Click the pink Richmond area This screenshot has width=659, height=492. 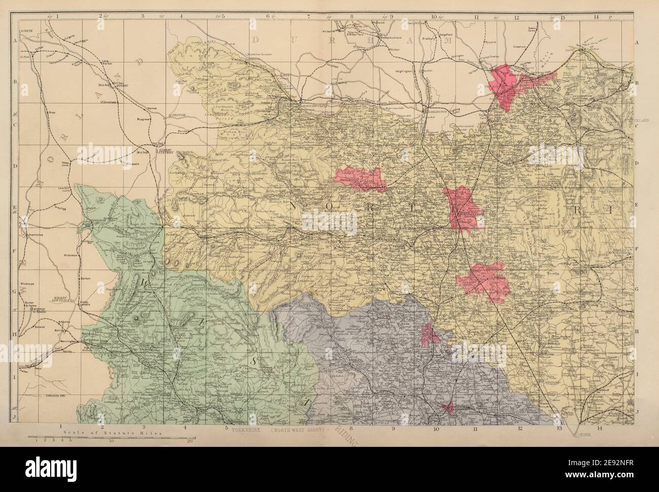361,179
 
